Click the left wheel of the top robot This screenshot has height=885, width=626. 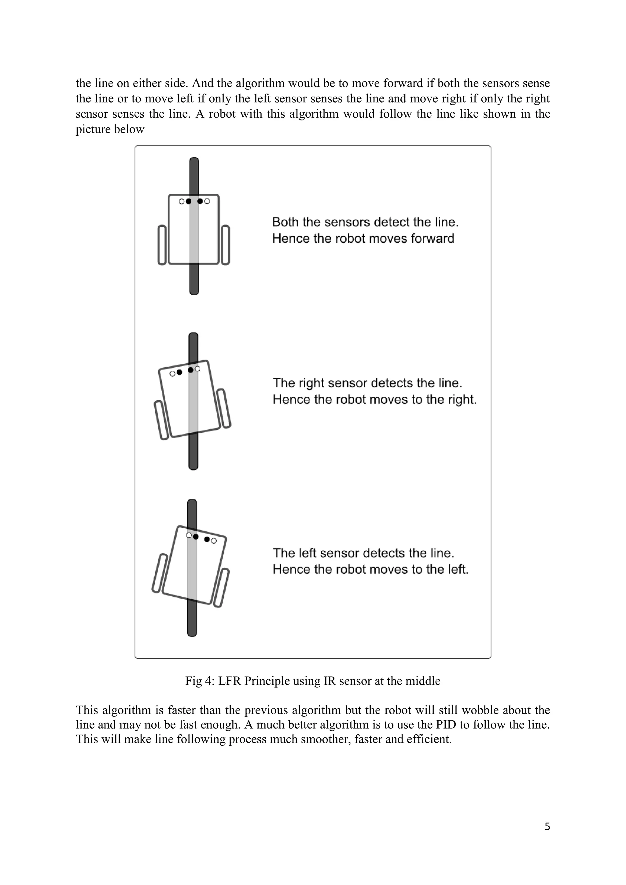pyautogui.click(x=162, y=245)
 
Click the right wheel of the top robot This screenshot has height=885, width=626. pyautogui.click(x=226, y=245)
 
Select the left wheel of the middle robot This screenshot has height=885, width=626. pyautogui.click(x=161, y=420)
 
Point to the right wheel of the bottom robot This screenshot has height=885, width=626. pyautogui.click(x=222, y=588)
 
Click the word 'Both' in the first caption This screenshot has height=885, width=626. pyautogui.click(x=285, y=222)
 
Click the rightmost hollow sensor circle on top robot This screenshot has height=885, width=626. pyautogui.click(x=207, y=201)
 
